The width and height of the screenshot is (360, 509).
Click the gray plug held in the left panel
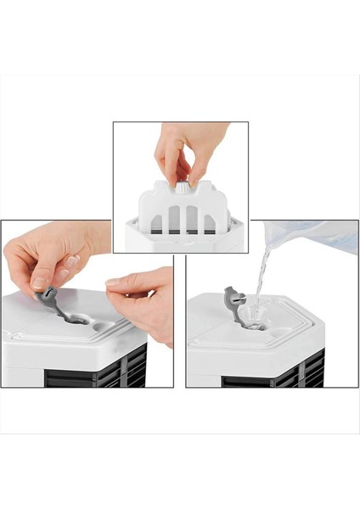(x=48, y=297)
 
